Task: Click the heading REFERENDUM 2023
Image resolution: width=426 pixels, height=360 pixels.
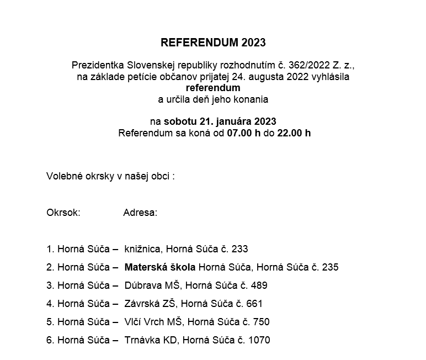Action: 213,43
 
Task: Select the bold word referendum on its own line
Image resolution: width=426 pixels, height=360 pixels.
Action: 213,88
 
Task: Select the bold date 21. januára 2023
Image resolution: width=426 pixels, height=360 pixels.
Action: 221,121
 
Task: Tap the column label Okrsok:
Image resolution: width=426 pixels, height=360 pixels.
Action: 63,213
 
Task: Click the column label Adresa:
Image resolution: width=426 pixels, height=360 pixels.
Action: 140,213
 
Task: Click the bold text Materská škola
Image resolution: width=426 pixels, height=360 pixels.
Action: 160,267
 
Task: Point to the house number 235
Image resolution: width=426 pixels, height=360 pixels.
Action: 329,267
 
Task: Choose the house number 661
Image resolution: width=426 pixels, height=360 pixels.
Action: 254,304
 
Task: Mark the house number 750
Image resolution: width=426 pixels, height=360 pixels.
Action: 260,322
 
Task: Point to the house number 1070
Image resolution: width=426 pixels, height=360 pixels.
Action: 259,340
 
